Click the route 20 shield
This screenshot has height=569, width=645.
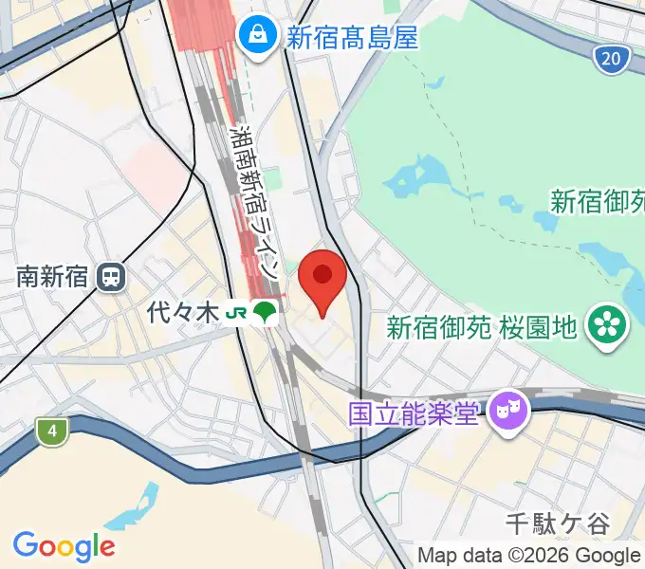613,61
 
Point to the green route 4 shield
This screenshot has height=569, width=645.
53,432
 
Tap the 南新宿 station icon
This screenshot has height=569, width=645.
112,277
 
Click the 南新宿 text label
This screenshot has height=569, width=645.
52,277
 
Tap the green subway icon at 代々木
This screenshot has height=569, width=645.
267,312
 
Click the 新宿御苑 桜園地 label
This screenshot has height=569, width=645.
482,328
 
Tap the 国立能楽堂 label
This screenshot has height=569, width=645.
413,413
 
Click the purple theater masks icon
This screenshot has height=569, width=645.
509,412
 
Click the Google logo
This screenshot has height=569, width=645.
64,545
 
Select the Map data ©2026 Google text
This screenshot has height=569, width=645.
529,555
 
